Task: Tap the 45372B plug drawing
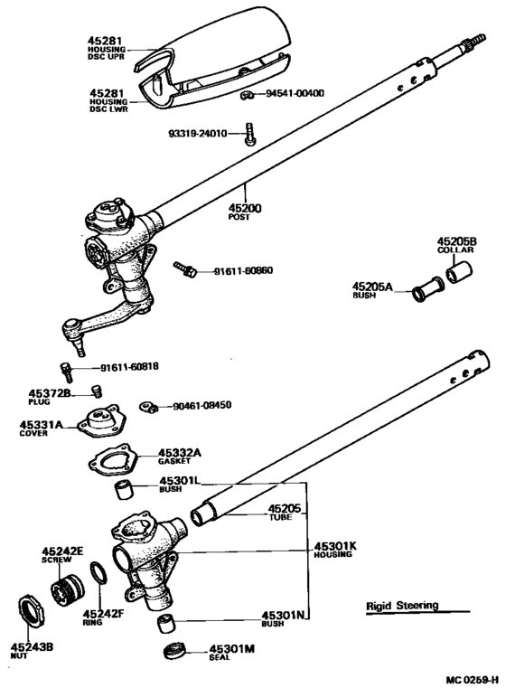click(95, 391)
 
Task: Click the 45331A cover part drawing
click(99, 422)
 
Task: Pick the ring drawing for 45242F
click(98, 577)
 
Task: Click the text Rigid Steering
click(401, 606)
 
